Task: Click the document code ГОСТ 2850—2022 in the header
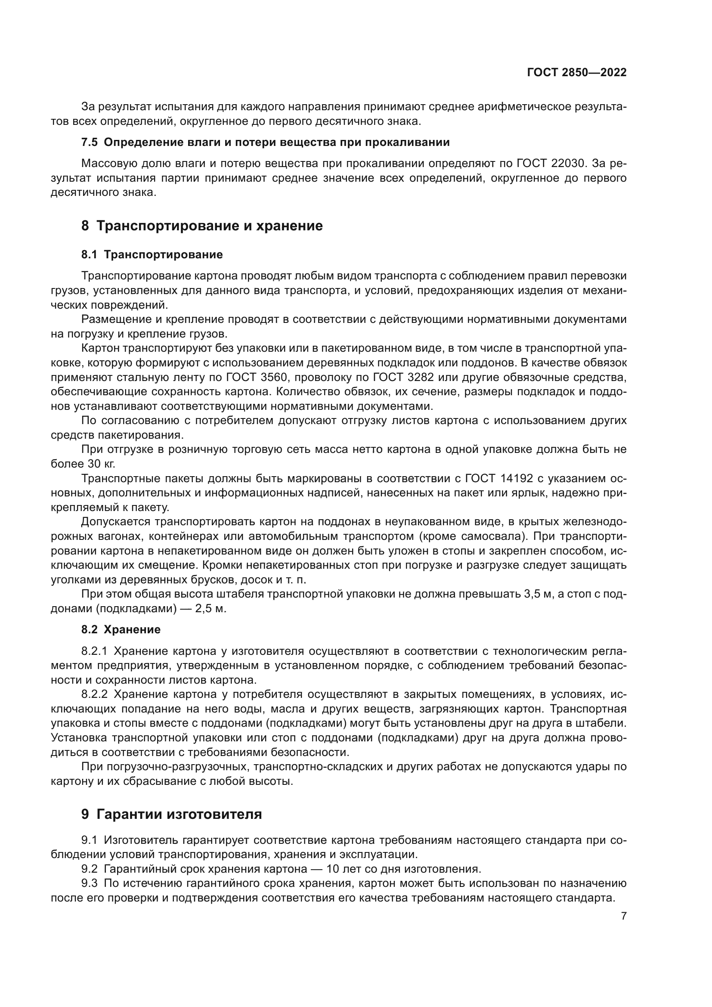(576, 73)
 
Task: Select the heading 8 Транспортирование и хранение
(202, 226)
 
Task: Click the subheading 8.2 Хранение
(121, 629)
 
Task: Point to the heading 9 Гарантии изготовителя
(171, 814)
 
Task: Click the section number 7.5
(90, 143)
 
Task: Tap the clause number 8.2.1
(94, 651)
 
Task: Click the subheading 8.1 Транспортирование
(152, 254)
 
